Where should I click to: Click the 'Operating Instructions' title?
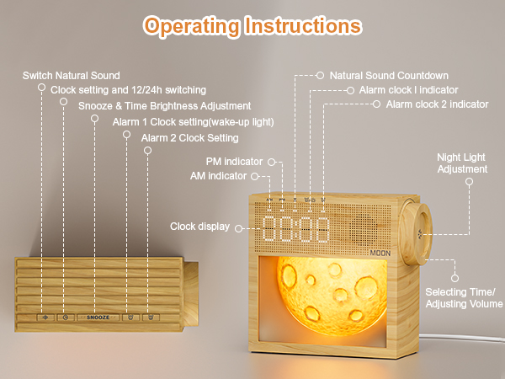[252, 25]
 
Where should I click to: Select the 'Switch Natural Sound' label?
[71, 76]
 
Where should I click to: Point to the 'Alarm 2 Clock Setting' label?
[190, 137]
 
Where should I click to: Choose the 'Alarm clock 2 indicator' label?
[437, 104]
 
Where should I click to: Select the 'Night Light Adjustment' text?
[462, 163]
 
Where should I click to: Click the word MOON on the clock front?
[380, 250]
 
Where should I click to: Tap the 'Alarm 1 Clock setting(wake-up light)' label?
[193, 122]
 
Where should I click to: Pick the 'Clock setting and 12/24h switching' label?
[129, 89]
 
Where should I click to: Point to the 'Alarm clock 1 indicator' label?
[409, 89]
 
